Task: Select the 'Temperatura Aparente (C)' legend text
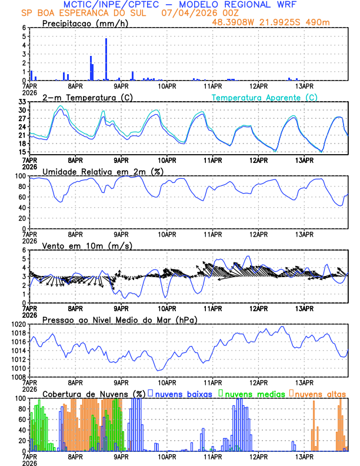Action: coord(265,97)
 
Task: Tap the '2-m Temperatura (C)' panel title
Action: coord(82,97)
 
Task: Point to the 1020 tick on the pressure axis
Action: coord(18,324)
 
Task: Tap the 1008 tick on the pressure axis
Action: coord(18,377)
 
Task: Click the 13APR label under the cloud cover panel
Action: coord(304,456)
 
